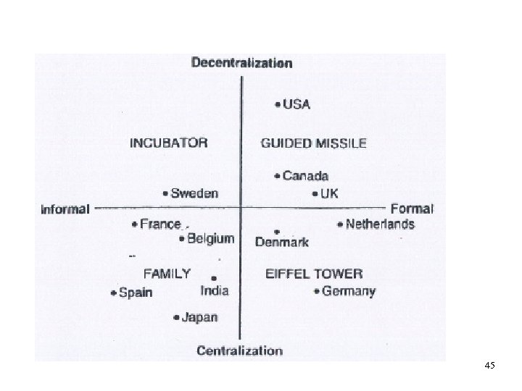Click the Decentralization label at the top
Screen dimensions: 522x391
(x=241, y=63)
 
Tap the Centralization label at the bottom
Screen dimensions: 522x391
(x=240, y=351)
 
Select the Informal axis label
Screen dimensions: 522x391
(x=65, y=210)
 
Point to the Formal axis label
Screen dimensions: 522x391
(x=412, y=209)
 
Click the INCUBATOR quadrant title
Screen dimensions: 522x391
(x=168, y=143)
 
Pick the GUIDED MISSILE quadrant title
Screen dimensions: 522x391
(x=313, y=143)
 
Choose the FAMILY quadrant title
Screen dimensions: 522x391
(x=167, y=274)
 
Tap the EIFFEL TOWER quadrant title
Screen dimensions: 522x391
(x=313, y=274)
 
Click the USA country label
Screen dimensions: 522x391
(x=297, y=104)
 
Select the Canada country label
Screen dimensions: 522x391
(x=305, y=176)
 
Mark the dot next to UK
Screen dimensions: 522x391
(x=315, y=194)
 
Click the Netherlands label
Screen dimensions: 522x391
(x=380, y=224)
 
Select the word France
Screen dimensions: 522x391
(x=160, y=224)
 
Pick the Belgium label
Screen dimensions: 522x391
(x=210, y=238)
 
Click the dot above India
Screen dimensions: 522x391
(x=214, y=277)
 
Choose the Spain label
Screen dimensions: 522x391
(x=135, y=293)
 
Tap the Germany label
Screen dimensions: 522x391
(x=348, y=292)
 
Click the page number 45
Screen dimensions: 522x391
(x=489, y=367)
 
